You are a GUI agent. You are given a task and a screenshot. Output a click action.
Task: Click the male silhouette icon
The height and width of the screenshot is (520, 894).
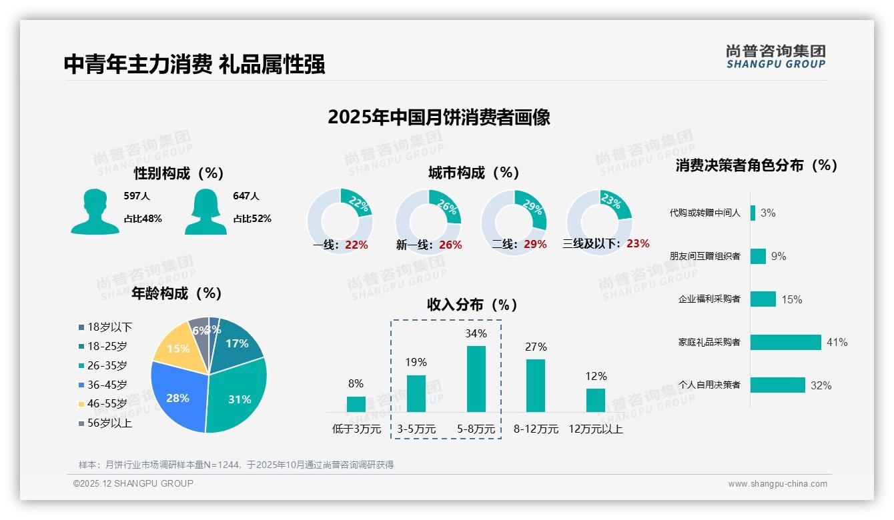coord(95,212)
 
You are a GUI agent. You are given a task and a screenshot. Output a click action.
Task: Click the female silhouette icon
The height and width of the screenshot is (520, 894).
coord(205,212)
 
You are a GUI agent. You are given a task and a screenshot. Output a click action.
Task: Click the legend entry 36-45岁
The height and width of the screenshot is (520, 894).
coord(106,385)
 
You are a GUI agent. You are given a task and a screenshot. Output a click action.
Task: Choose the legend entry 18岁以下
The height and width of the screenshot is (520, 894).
coord(109,327)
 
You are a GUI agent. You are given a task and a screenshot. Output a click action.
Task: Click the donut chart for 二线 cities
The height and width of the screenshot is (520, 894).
coord(514,220)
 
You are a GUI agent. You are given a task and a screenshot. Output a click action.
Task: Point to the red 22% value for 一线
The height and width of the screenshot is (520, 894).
coord(356,245)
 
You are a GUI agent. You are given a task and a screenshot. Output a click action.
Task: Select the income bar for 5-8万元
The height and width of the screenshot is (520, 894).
coord(476,379)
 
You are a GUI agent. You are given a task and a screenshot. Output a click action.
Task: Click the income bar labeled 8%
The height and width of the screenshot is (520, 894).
coord(356,404)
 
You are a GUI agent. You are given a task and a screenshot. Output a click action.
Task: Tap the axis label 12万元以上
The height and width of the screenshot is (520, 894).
coord(595,429)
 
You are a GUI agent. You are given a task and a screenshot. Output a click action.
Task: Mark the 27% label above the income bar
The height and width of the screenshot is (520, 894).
coord(536,347)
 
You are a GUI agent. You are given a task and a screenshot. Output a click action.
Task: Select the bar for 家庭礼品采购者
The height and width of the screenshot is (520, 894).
coord(785,342)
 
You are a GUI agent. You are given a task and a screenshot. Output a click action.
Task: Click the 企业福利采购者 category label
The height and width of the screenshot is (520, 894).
coord(709,299)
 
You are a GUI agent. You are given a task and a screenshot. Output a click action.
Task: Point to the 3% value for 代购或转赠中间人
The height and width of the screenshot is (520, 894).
coord(767,213)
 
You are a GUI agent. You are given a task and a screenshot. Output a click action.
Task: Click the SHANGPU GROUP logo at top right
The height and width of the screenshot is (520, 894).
coord(775,57)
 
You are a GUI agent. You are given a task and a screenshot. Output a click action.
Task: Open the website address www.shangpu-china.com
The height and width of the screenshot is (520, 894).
coord(777,484)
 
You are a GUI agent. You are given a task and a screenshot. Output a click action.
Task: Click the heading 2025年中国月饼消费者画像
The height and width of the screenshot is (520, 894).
coord(439,117)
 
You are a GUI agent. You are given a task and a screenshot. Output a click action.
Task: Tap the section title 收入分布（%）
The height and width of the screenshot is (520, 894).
coord(472,305)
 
